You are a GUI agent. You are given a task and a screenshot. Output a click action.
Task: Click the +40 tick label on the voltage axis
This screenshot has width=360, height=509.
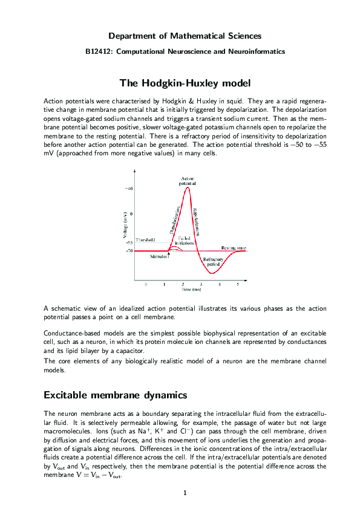[x=129, y=189]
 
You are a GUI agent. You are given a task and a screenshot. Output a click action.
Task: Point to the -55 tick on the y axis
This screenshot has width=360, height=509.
[x=129, y=242]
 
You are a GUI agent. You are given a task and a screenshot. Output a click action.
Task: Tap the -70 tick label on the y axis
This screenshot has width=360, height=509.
[x=129, y=250]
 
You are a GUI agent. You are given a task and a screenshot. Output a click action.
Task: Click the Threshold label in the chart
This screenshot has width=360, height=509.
[x=145, y=240]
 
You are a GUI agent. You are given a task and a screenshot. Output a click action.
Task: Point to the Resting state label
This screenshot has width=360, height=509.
[x=233, y=248]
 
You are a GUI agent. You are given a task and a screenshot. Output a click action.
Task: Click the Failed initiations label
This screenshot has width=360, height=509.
[x=185, y=241]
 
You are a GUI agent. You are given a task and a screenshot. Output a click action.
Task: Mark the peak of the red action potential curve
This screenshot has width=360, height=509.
[x=188, y=187]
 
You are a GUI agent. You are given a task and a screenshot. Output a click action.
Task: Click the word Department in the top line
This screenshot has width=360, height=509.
[x=131, y=36]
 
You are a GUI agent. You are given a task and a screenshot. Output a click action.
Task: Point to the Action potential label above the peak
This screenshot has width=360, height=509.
[x=188, y=180]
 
